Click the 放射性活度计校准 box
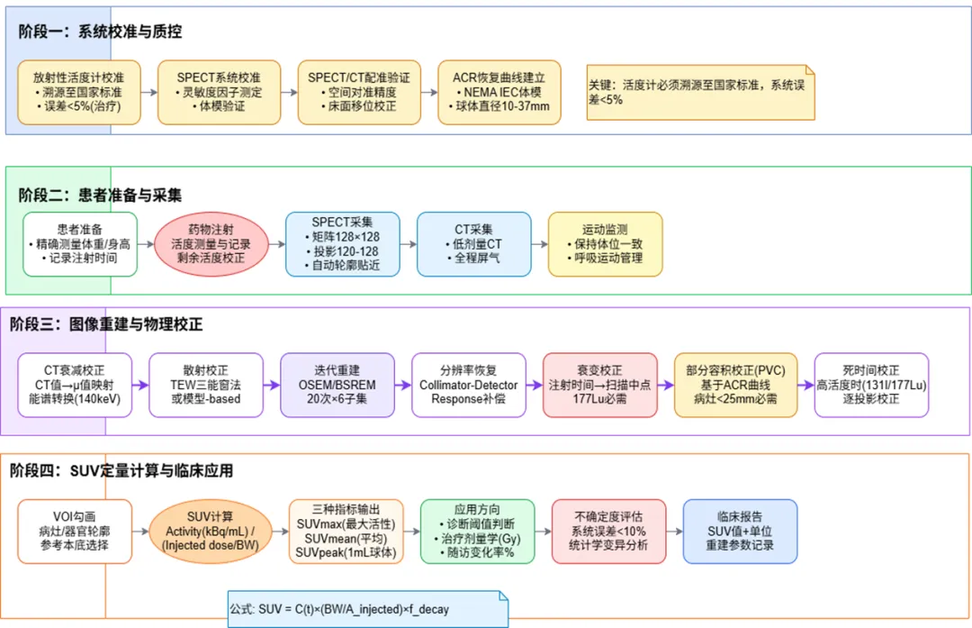[79, 92]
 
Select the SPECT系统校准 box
[219, 92]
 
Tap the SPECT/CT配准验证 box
[359, 92]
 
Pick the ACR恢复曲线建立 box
[499, 92]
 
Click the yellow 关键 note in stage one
[700, 92]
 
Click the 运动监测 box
[605, 243]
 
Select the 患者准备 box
[80, 243]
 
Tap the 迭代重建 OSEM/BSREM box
[337, 385]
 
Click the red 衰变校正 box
[600, 385]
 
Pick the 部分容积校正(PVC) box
[735, 385]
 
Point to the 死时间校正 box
[871, 385]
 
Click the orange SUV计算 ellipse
[210, 532]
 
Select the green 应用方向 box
[478, 532]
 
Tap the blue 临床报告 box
[740, 532]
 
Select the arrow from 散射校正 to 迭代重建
[270, 385]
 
